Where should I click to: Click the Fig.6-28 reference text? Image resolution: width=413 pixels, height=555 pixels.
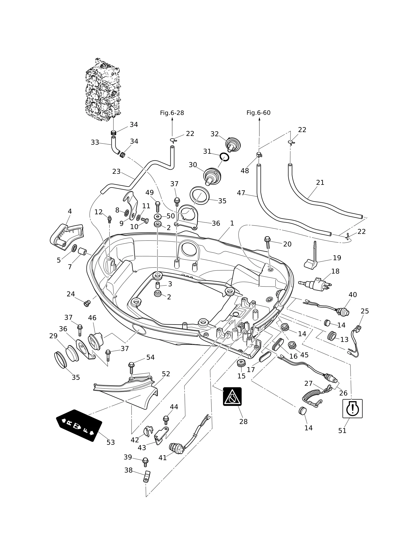pos(172,113)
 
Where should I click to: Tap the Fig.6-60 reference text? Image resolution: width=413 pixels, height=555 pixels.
pos(258,113)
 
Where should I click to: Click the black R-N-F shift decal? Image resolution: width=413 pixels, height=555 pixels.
pos(79,425)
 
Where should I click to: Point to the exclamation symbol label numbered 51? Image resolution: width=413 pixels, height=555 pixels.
pos(352,409)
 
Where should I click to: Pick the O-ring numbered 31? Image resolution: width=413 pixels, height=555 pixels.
pos(224,157)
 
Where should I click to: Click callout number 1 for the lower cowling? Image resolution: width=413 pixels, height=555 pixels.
pos(232,223)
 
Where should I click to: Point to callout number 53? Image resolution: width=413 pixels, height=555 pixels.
pos(111,442)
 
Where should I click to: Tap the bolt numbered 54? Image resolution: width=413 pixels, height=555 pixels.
pos(131,368)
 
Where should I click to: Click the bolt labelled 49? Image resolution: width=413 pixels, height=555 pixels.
pos(157,207)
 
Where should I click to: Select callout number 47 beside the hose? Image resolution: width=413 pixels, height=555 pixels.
pos(241,193)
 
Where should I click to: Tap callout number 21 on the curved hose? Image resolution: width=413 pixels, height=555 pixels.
pos(320,183)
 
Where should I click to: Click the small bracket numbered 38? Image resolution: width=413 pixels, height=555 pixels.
pos(146,476)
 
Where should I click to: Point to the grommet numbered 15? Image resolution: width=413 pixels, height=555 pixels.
pos(241,363)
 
